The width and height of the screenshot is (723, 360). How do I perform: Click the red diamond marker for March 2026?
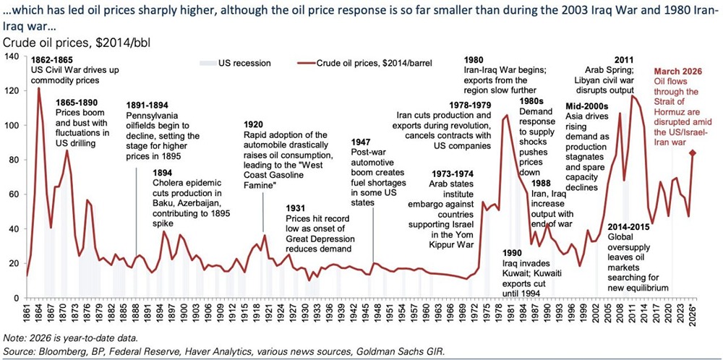point(692,153)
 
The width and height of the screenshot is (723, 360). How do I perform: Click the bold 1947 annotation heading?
point(363,143)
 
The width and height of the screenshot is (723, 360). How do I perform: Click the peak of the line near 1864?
point(39,89)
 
